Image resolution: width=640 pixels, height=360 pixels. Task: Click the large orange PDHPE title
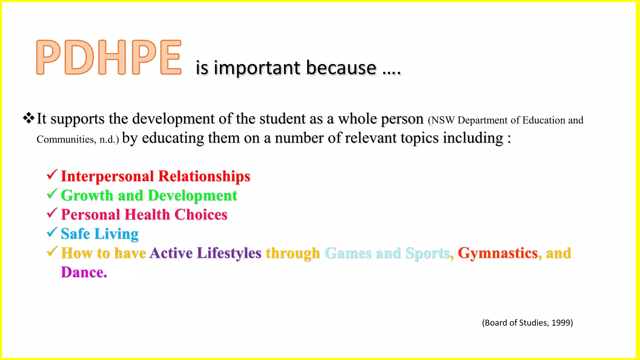click(x=109, y=57)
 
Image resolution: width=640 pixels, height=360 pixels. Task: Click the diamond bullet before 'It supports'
click(x=28, y=118)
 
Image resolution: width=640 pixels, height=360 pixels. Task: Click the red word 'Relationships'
click(x=204, y=176)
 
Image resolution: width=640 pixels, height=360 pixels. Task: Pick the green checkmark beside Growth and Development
click(x=52, y=194)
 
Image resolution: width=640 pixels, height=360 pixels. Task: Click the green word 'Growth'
click(x=87, y=196)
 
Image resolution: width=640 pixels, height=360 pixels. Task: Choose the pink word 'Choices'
click(x=201, y=215)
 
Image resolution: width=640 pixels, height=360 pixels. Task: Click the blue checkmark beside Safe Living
click(x=52, y=232)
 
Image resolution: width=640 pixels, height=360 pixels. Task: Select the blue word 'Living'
click(x=116, y=234)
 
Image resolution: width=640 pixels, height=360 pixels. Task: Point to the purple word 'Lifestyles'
click(x=229, y=253)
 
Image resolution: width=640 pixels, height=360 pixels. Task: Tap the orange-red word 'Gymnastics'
click(x=497, y=253)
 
